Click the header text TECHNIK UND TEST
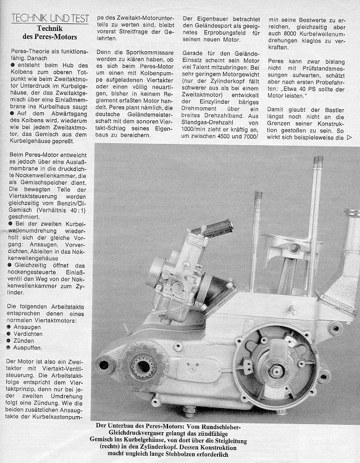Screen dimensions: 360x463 click(50, 19)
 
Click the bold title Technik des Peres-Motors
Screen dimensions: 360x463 click(49, 33)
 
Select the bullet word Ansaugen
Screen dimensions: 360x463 click(27, 327)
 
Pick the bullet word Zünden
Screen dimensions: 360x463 click(23, 341)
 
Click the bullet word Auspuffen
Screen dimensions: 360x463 click(28, 348)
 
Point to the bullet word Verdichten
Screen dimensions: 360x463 click(28, 334)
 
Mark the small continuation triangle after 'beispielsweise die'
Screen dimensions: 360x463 click(350, 137)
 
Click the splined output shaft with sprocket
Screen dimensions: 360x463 click(143, 367)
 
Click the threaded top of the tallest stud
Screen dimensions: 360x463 click(318, 162)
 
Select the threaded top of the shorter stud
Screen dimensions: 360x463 click(258, 196)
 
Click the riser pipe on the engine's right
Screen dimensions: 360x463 click(343, 260)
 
